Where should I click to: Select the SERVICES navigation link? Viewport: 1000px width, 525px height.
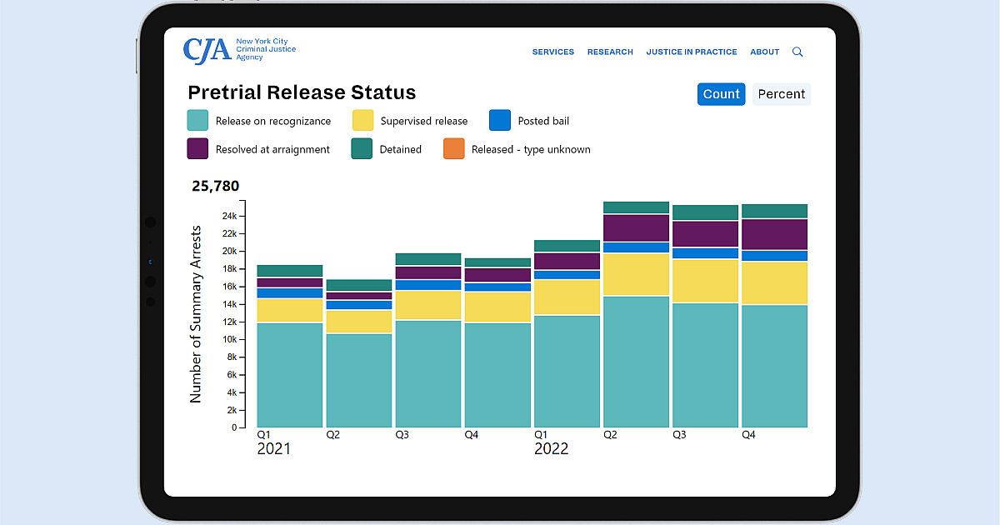[552, 52]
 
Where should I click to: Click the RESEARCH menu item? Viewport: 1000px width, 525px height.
[610, 52]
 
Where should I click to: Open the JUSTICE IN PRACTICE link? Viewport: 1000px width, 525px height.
[691, 52]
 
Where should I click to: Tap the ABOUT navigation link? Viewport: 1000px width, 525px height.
[764, 52]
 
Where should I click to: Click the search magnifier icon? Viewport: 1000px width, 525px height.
[797, 52]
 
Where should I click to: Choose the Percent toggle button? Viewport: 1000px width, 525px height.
[781, 94]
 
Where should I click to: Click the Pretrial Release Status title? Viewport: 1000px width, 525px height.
[302, 92]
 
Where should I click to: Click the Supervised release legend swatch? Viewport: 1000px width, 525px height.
[363, 121]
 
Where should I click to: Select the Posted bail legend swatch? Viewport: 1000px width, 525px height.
[500, 121]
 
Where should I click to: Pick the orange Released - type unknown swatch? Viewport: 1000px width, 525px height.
[454, 149]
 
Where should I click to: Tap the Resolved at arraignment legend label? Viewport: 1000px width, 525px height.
[272, 150]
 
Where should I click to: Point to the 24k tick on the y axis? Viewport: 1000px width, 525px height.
[228, 216]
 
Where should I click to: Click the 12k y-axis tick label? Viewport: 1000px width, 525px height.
[228, 322]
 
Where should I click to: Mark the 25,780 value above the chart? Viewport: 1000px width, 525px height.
[215, 186]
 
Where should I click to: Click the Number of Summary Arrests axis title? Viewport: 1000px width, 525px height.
[197, 314]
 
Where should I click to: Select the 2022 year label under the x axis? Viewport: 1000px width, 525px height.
[551, 449]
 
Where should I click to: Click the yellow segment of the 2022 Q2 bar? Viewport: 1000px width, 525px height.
[636, 274]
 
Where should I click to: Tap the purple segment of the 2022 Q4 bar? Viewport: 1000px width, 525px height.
[774, 234]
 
